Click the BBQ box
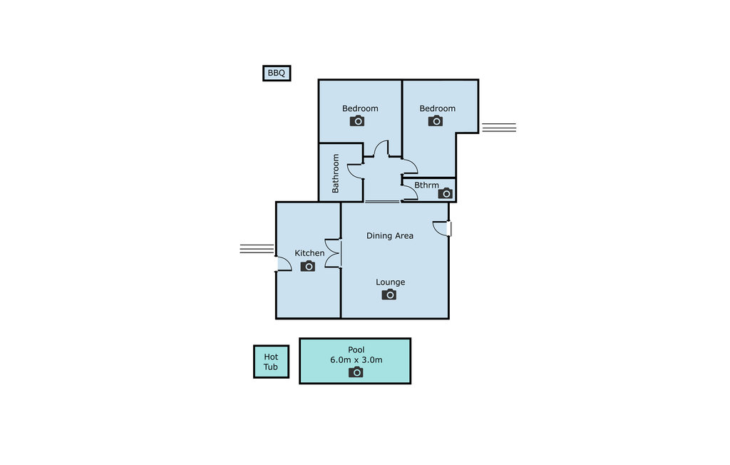(277, 73)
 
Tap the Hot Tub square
(271, 362)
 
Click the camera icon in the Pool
(356, 372)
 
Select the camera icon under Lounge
(389, 295)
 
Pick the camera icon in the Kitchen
(308, 266)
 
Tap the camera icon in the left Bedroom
(357, 121)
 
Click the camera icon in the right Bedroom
(436, 121)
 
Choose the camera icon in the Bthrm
(446, 193)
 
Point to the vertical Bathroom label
(335, 173)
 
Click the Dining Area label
(390, 236)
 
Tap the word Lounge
(390, 282)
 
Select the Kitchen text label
(309, 253)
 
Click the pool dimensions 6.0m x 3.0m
(356, 359)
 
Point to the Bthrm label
(426, 185)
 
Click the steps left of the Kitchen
(257, 249)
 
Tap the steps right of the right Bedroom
(499, 128)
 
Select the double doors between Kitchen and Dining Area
(334, 253)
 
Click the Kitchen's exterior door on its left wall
(284, 264)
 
